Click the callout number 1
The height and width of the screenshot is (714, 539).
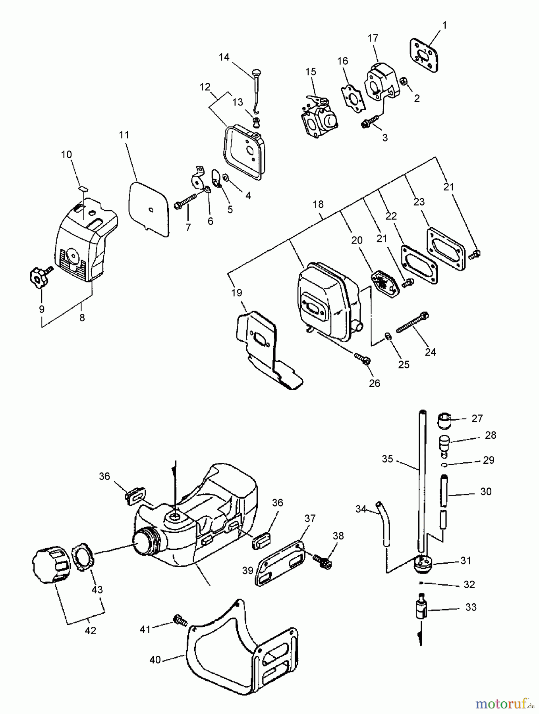[x=444, y=25]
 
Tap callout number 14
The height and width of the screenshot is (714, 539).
[x=224, y=57]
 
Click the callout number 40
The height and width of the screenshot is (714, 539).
[x=155, y=660]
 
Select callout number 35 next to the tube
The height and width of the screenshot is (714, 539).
[x=387, y=459]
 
